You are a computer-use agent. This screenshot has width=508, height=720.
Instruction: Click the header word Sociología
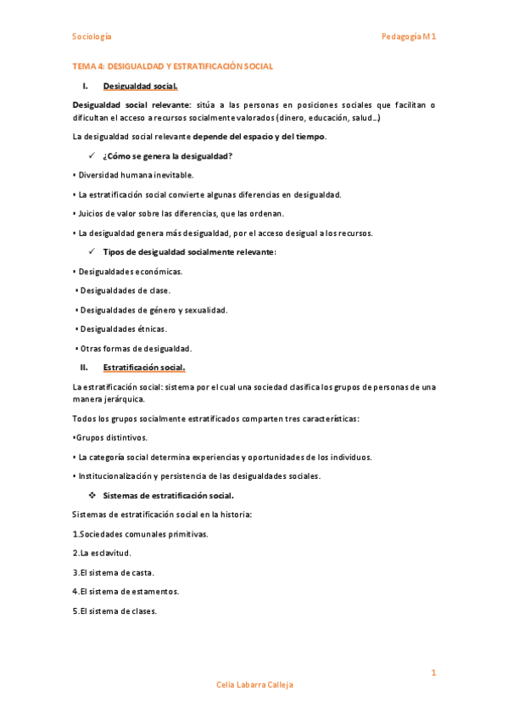pyautogui.click(x=91, y=37)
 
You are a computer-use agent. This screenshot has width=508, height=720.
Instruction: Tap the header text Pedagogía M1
pyautogui.click(x=409, y=37)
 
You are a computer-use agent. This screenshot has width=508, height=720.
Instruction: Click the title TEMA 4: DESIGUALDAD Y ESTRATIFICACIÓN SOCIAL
pyautogui.click(x=172, y=66)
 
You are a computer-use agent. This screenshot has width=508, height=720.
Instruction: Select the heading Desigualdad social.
pyautogui.click(x=140, y=87)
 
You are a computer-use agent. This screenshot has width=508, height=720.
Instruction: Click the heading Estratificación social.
pyautogui.click(x=143, y=367)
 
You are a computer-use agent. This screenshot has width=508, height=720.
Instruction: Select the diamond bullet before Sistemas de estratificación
pyautogui.click(x=93, y=495)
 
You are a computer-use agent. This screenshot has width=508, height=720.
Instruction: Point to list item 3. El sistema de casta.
pyautogui.click(x=113, y=572)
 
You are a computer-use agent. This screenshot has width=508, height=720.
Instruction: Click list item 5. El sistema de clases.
pyautogui.click(x=114, y=610)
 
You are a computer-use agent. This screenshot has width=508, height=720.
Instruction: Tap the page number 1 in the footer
pyautogui.click(x=433, y=673)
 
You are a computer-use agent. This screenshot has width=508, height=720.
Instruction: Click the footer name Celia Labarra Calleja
pyautogui.click(x=254, y=684)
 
